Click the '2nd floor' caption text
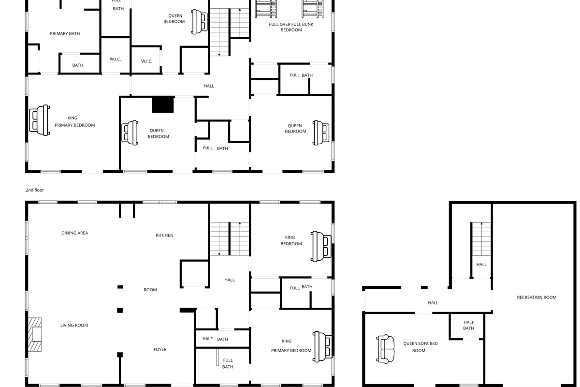coord(35,190)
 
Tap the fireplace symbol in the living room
coord(34,334)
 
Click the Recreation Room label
coord(536,298)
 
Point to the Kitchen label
coord(164,236)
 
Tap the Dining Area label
coord(75,233)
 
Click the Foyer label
coord(160,349)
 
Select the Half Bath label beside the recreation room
coord(468,325)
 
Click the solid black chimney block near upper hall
coord(163,104)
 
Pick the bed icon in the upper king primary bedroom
coord(40,120)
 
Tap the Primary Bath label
coord(65,34)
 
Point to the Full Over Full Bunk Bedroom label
coord(291,27)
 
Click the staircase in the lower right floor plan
coord(481,240)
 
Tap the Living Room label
coord(74,326)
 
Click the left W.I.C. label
coord(115,60)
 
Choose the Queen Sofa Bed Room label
coord(420,347)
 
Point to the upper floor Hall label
coord(209,86)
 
